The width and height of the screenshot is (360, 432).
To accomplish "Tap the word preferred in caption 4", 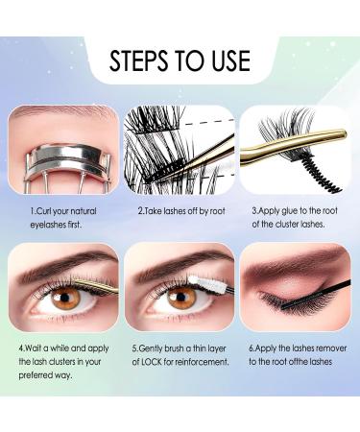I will pos(40,377).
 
